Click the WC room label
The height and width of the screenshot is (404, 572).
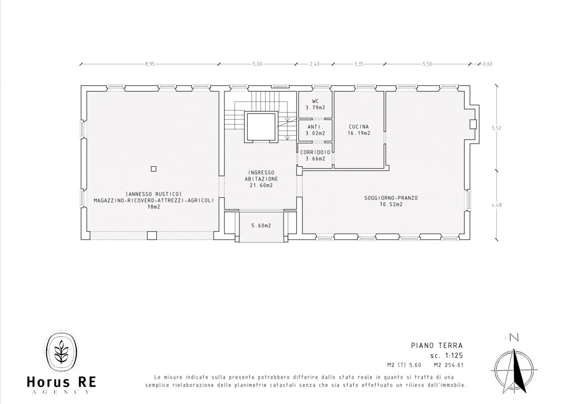coord(316,101)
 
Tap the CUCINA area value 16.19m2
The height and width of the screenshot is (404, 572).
coord(359,133)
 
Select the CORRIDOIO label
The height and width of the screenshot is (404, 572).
coord(316,152)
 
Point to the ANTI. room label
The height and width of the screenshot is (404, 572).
coord(316,127)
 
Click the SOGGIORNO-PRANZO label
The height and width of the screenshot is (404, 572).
coord(391,198)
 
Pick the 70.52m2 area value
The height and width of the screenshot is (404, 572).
coord(391,204)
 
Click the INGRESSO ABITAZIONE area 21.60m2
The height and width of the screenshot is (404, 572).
coord(261,185)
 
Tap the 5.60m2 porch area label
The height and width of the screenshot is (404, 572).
coord(261,226)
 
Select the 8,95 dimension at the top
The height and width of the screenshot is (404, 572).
coord(150,64)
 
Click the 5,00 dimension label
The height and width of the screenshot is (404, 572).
coord(257,64)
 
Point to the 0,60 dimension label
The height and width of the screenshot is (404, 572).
coord(488,64)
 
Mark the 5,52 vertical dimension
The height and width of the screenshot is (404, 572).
coord(496,128)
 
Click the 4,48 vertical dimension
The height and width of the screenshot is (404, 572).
coord(496,205)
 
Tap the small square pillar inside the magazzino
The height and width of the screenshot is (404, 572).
coord(153,169)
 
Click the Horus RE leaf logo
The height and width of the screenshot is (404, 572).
coord(61,352)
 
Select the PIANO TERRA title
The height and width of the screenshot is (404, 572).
coord(437,345)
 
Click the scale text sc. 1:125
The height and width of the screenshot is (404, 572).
coord(447,355)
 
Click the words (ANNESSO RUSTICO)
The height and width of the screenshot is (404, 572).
coord(153,194)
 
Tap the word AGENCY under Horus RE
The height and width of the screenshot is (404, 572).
coord(61,392)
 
